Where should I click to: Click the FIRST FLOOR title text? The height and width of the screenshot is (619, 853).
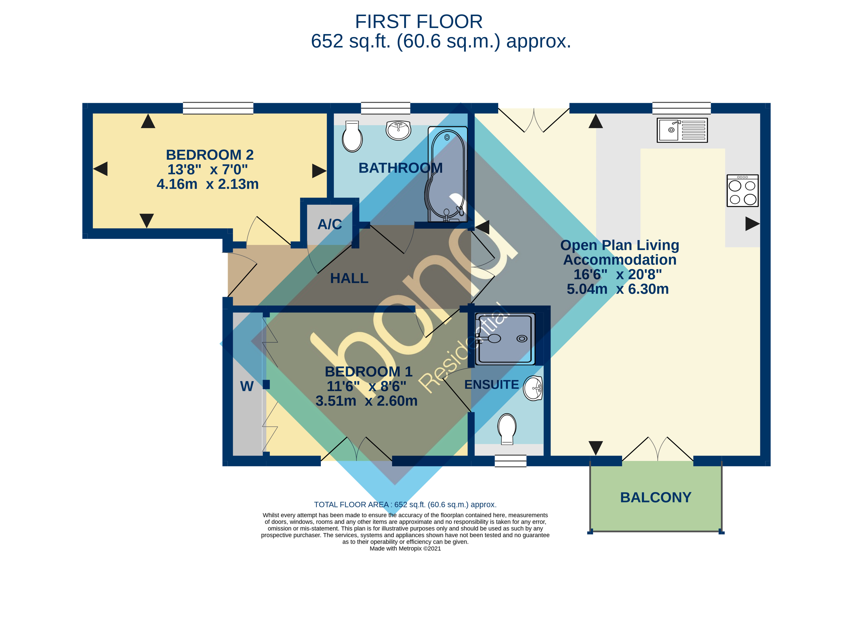coord(419,22)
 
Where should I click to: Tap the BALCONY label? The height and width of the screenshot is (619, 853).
coord(655,498)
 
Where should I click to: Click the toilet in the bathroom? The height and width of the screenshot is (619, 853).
coord(352,137)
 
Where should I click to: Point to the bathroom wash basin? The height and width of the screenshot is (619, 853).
coord(398,130)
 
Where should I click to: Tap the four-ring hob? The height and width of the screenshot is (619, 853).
coord(742,191)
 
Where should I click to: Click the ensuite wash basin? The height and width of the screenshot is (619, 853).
coord(533,388)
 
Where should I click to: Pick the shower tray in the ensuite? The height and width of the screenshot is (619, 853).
coord(505,339)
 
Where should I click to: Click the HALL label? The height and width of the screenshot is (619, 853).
coord(349,278)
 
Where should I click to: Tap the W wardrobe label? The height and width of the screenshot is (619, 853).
coord(247,387)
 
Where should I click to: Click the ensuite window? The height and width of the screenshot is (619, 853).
coord(510,461)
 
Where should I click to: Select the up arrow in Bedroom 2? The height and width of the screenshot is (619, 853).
coord(148,121)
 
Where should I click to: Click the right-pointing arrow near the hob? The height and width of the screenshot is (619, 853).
coord(752,224)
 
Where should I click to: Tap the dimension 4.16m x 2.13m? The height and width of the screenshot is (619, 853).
coord(208,184)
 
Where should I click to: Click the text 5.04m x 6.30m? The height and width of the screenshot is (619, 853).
coord(618,289)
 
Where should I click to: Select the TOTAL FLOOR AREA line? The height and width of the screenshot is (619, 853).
coord(405,505)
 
